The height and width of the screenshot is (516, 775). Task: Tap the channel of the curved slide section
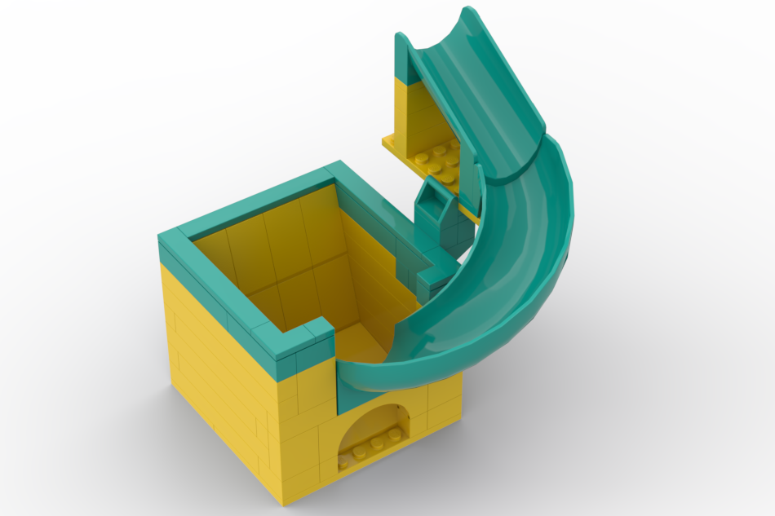click(x=506, y=269)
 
